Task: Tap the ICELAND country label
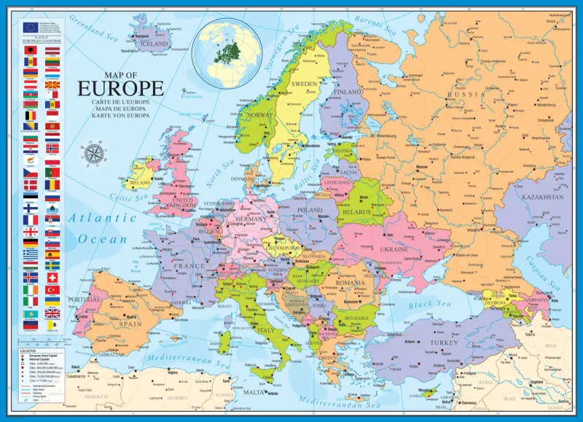(x=155, y=44)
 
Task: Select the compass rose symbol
(x=94, y=154)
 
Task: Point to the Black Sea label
(x=441, y=303)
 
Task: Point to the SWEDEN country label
(x=305, y=84)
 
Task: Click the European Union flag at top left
(x=31, y=26)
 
